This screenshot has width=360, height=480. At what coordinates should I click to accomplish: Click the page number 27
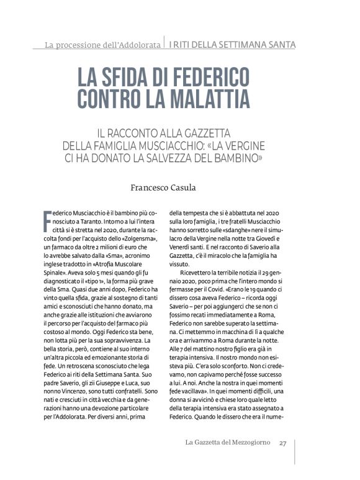(x=282, y=443)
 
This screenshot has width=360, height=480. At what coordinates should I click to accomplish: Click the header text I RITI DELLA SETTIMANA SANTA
(x=232, y=45)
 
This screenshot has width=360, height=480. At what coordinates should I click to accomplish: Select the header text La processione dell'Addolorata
(x=102, y=45)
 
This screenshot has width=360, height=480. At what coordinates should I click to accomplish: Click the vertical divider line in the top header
(x=164, y=43)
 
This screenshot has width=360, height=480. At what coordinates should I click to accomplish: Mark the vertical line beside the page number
(x=295, y=443)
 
